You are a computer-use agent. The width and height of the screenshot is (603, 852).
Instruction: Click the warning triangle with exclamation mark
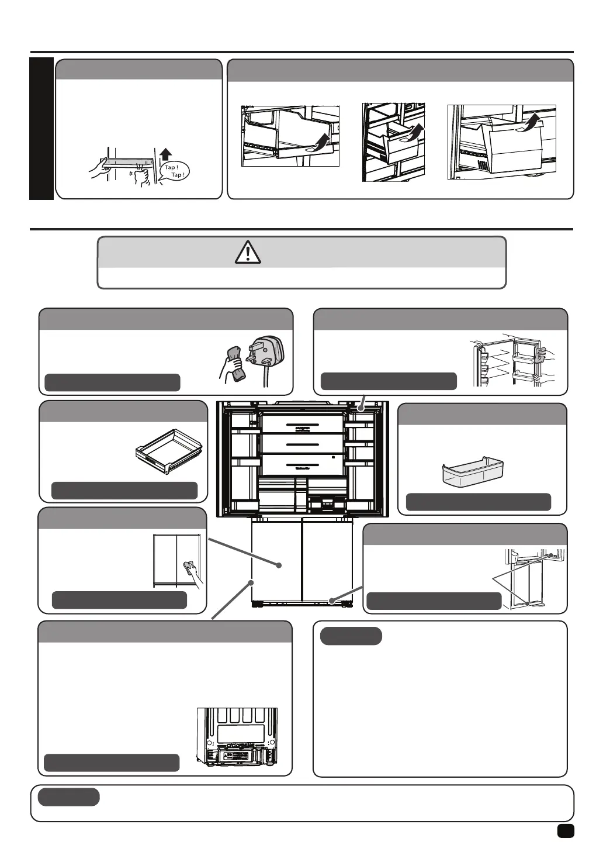coord(248,252)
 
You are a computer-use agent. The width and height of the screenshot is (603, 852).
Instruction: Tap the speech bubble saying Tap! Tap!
coord(174,171)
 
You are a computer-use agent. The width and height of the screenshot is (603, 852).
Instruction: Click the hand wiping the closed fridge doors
coord(193,572)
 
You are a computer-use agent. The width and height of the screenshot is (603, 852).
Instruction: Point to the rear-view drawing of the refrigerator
coord(237,739)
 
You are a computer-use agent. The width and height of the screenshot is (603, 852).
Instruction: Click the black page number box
coord(565,831)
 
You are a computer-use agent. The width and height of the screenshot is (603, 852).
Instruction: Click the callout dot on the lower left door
coord(251,582)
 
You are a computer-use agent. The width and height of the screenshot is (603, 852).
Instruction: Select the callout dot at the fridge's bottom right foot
coord(331,601)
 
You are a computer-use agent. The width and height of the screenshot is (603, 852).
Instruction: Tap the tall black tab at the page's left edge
coord(41,129)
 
